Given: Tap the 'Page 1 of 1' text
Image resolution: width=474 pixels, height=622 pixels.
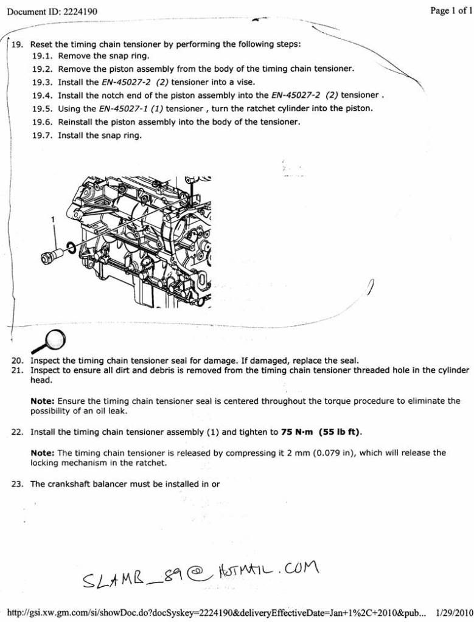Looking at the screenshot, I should (x=451, y=10).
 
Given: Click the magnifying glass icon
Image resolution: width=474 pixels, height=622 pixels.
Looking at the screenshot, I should (x=53, y=338).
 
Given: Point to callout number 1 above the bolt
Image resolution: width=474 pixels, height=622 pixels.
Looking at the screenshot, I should (x=53, y=218).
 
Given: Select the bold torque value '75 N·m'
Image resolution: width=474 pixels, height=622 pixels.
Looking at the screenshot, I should (x=298, y=432).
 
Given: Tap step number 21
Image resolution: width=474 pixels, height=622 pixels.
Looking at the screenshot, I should (x=17, y=370).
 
